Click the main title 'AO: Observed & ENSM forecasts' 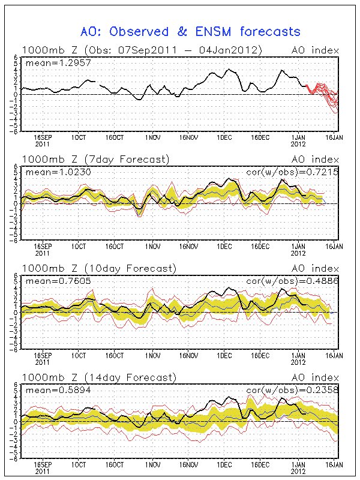[190, 31]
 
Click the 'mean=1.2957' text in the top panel [49, 62]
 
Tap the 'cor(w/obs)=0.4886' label [293, 280]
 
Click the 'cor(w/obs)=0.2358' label [293, 389]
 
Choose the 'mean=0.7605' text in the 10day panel [49, 280]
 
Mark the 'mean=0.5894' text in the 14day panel [49, 389]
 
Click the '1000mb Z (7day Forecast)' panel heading [96, 159]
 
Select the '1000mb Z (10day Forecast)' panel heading [98, 268]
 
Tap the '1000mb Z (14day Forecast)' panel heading [98, 377]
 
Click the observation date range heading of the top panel [142, 50]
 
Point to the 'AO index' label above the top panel [315, 50]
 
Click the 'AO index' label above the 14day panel [315, 377]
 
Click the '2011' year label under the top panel [43, 145]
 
